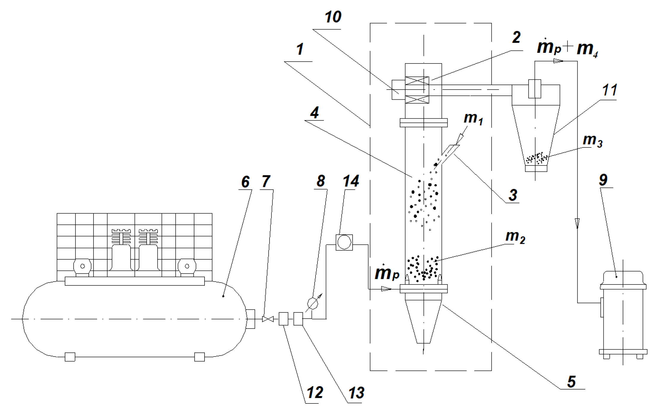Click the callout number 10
click(333, 17)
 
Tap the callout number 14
click(351, 181)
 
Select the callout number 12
click(315, 393)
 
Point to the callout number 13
click(356, 393)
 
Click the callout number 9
click(603, 180)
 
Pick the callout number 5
click(571, 382)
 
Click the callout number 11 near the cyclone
click(610, 90)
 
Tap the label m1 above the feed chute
click(473, 118)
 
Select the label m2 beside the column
click(515, 237)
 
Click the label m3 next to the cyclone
click(592, 140)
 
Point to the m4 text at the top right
click(587, 49)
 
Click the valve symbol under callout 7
click(268, 319)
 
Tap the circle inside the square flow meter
click(344, 242)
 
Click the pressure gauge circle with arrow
click(313, 303)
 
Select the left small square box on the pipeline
click(283, 319)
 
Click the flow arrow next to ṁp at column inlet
click(386, 288)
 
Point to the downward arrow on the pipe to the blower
click(577, 223)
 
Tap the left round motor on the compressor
click(83, 266)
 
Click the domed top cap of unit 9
click(623, 277)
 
